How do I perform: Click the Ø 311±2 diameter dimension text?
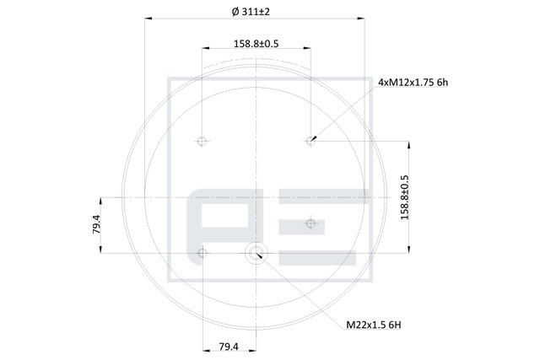tap(256, 12)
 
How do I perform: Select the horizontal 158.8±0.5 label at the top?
tap(256, 43)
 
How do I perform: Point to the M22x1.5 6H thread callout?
tap(375, 323)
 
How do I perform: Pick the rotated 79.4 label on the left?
tap(96, 225)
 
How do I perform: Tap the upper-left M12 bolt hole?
tap(202, 141)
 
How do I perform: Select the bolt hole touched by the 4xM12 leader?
tap(310, 141)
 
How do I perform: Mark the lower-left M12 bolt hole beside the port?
tap(202, 251)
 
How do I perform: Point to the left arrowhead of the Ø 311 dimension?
tap(148, 18)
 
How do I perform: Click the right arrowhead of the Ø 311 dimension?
tap(364, 18)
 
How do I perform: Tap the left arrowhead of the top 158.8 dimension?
tap(203, 50)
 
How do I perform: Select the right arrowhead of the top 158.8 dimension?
tap(309, 50)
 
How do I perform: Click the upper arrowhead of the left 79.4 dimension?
tap(101, 199)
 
